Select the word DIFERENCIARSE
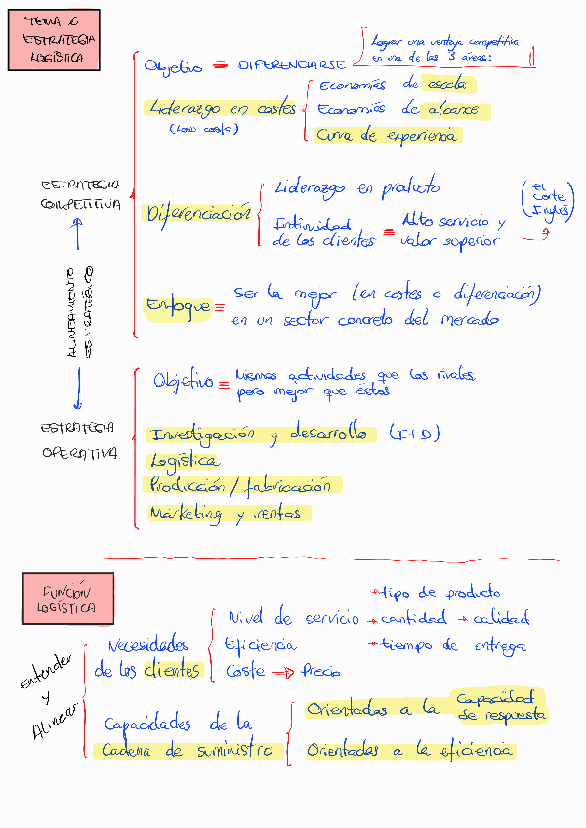291,65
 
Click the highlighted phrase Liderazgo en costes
223,109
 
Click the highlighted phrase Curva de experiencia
387,136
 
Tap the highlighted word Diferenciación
198,214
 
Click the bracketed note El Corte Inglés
548,199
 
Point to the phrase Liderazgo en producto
357,187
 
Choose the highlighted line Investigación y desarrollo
260,434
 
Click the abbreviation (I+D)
410,433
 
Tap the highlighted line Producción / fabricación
240,485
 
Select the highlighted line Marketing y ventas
227,513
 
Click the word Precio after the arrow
320,672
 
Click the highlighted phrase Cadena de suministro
191,750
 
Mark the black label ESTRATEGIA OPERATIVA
79,439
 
